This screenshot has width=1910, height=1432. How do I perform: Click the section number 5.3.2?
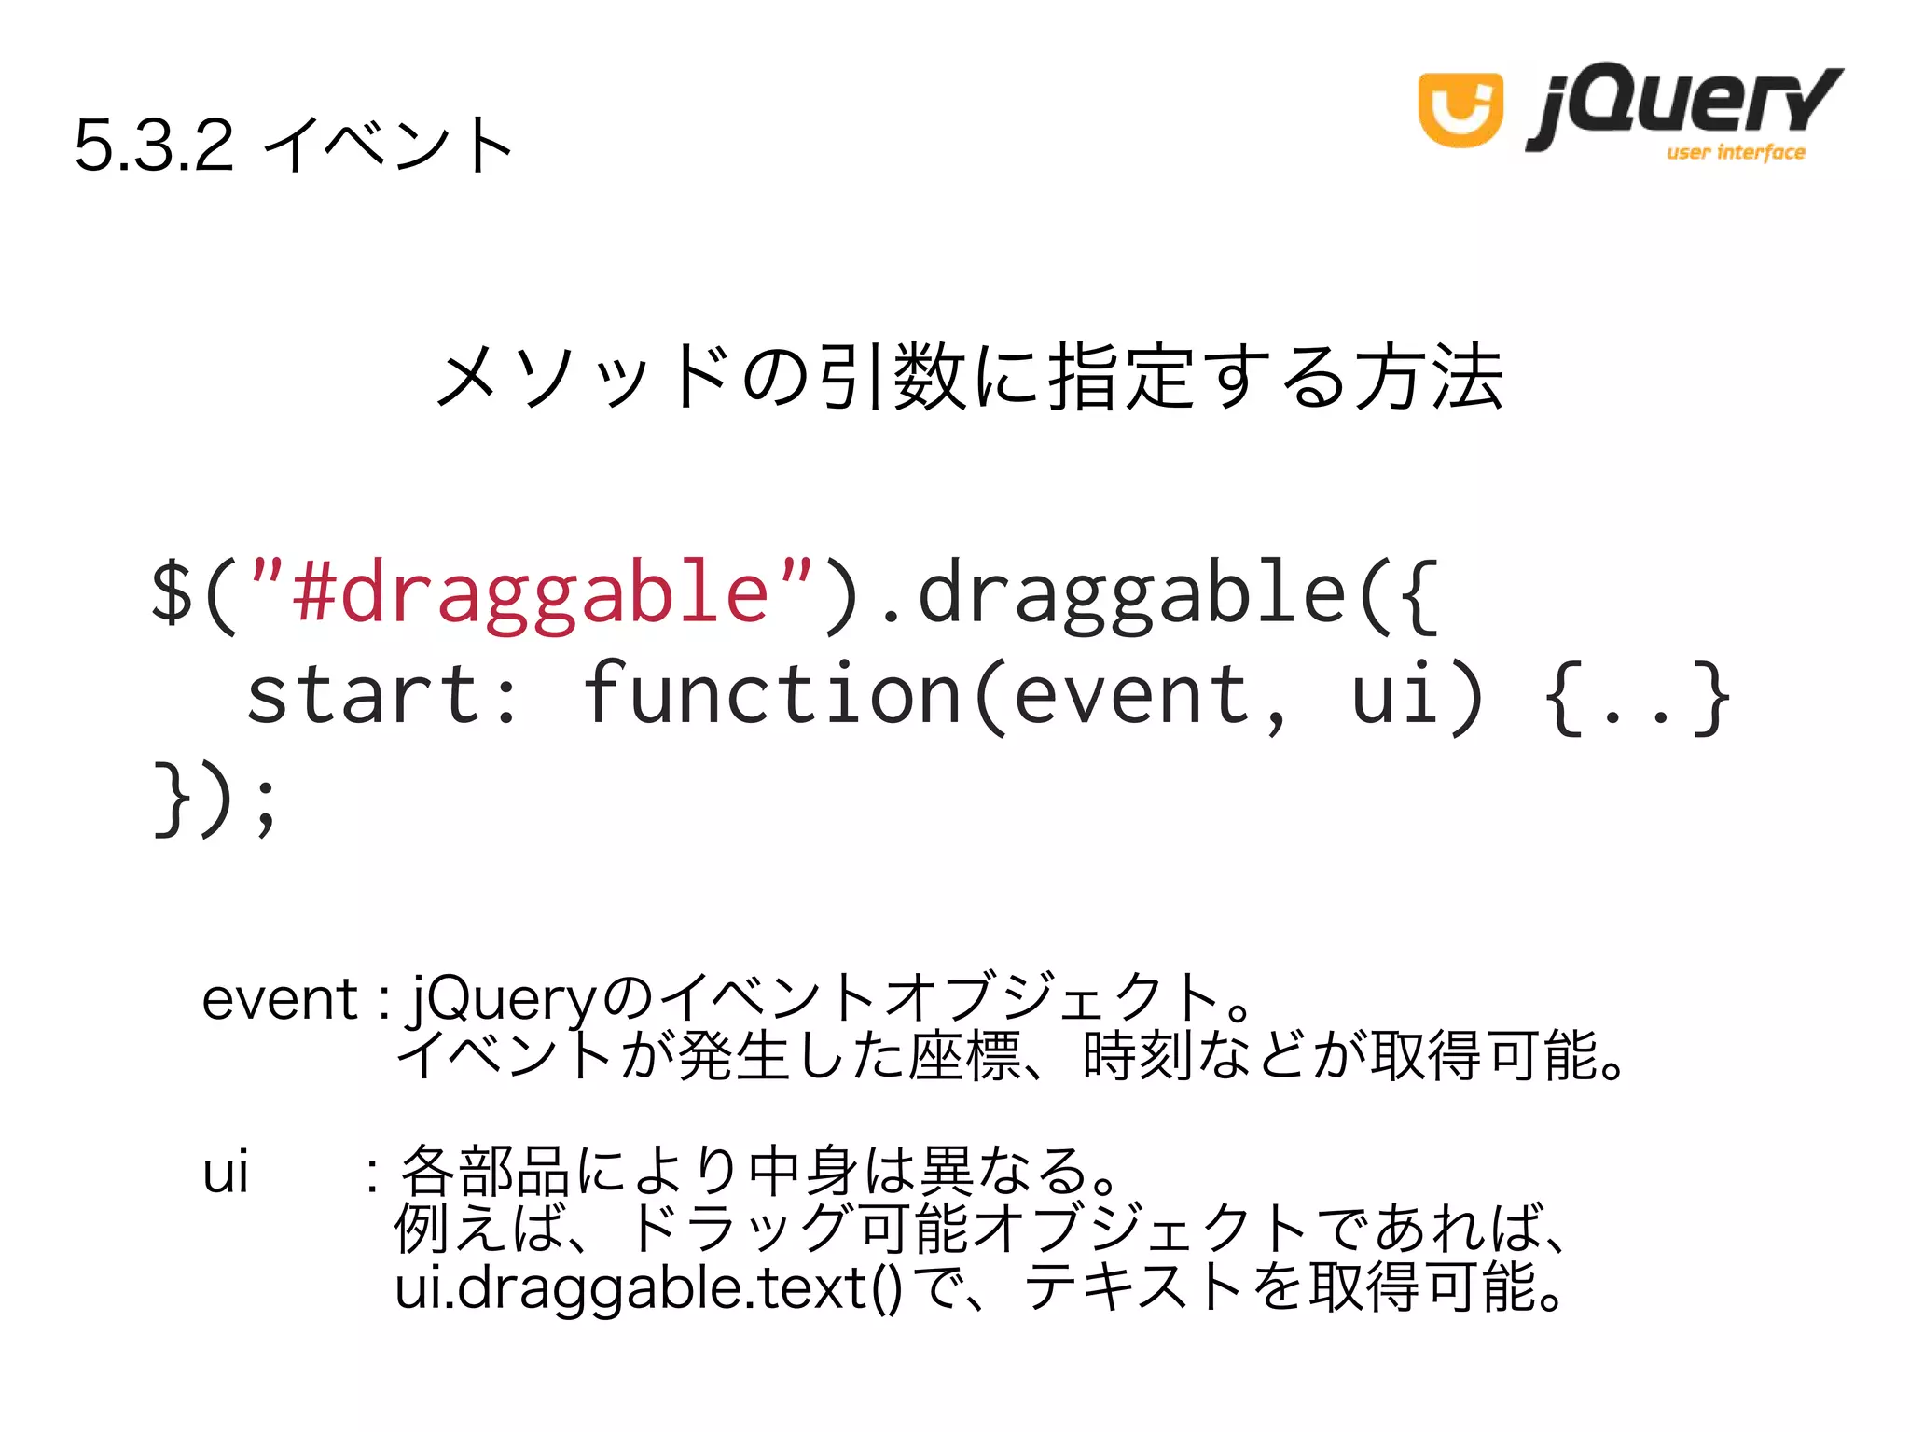tap(154, 146)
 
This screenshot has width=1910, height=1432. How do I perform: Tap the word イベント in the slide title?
tap(389, 146)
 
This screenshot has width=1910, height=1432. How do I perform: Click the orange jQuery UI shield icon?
tap(1460, 109)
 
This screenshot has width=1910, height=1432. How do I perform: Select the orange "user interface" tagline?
tap(1736, 152)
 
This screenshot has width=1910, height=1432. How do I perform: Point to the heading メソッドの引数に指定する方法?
tap(969, 377)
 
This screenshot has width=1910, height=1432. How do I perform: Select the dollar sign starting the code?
tap(173, 591)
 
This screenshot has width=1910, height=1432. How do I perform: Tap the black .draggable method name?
tap(1114, 593)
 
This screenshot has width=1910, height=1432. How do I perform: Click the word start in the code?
tap(364, 695)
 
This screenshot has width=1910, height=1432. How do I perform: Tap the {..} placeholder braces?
tap(1637, 699)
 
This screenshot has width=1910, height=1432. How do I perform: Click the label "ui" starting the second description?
tap(226, 1173)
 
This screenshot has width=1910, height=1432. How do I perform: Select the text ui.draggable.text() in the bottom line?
tap(648, 1288)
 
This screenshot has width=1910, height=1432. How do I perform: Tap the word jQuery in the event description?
tap(504, 999)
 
